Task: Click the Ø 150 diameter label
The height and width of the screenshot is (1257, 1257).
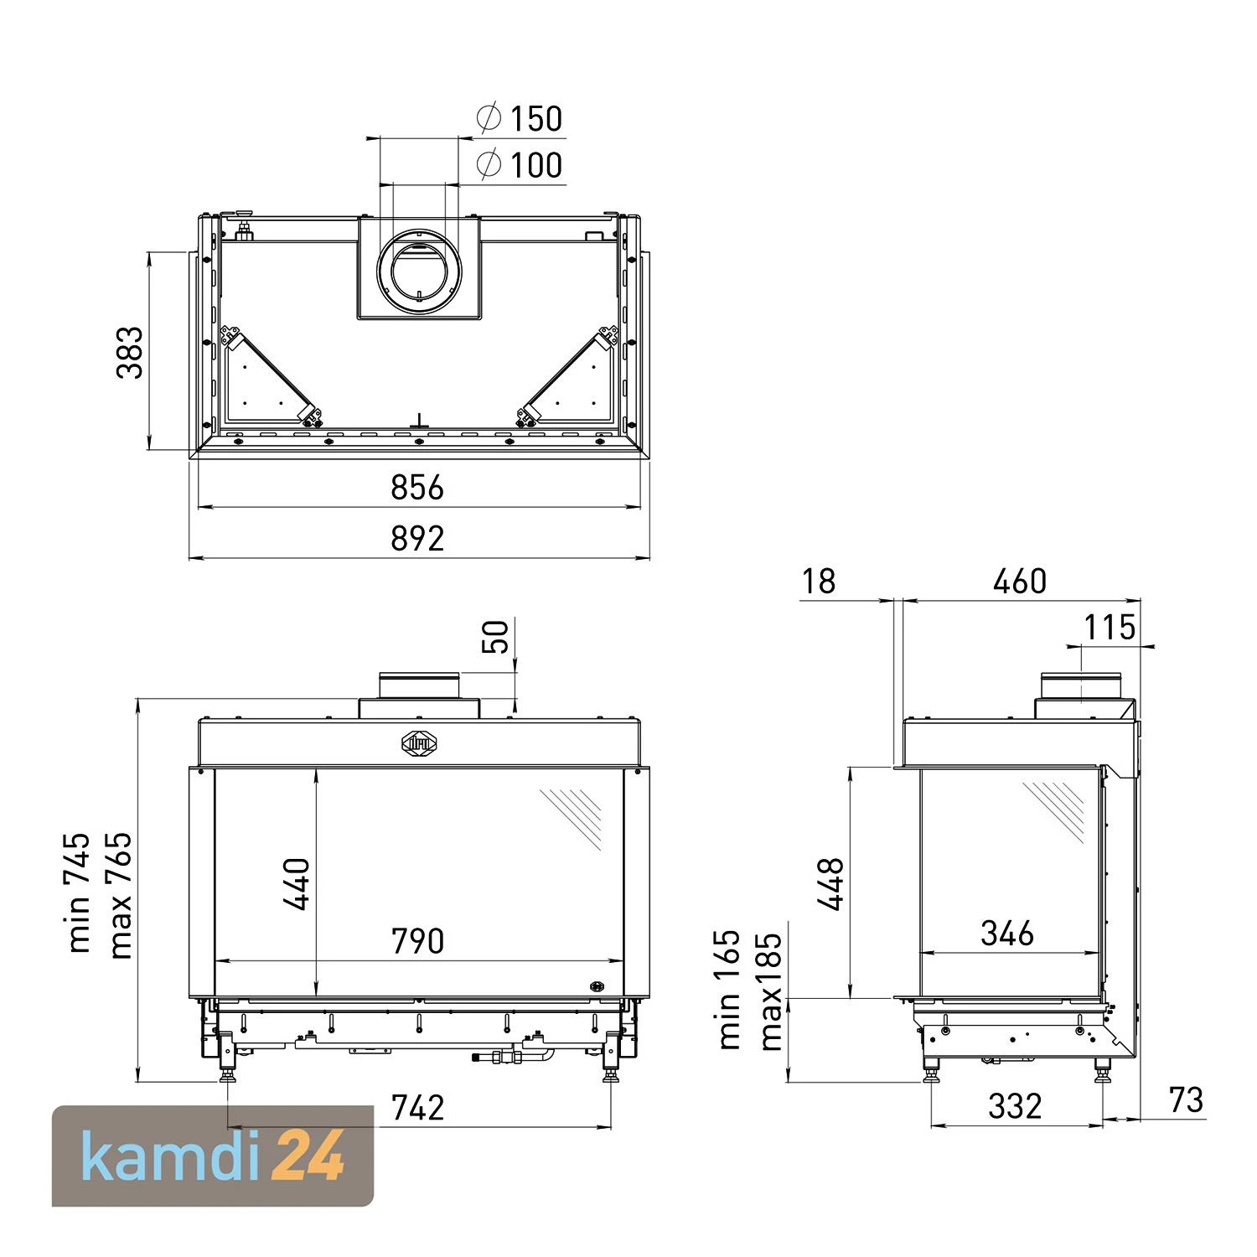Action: [521, 119]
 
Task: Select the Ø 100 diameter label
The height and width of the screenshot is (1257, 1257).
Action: [521, 165]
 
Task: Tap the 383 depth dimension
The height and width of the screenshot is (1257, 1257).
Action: [130, 353]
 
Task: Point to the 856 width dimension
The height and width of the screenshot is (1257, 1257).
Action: [417, 487]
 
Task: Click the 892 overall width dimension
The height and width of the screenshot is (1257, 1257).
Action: [417, 538]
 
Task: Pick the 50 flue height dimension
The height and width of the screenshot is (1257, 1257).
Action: [496, 637]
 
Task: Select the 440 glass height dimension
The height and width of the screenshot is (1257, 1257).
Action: [297, 883]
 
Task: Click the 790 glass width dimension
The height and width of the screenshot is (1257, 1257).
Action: [417, 941]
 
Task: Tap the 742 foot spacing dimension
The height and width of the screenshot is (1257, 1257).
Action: [417, 1108]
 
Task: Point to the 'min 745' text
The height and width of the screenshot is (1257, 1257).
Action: [79, 892]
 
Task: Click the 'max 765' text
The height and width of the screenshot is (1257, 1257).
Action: [120, 895]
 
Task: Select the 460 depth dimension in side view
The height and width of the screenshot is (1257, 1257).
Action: [1019, 581]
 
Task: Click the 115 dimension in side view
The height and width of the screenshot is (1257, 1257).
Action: [1110, 627]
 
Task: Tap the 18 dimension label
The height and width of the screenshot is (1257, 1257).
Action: [818, 581]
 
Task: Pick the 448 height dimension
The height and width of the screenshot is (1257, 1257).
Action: [831, 883]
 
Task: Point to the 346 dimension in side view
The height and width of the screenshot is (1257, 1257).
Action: [1007, 933]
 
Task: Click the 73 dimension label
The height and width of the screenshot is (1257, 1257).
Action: [1186, 1100]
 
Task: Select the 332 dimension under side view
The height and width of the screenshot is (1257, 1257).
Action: [1015, 1106]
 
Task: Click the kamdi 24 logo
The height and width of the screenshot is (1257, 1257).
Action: [213, 1156]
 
